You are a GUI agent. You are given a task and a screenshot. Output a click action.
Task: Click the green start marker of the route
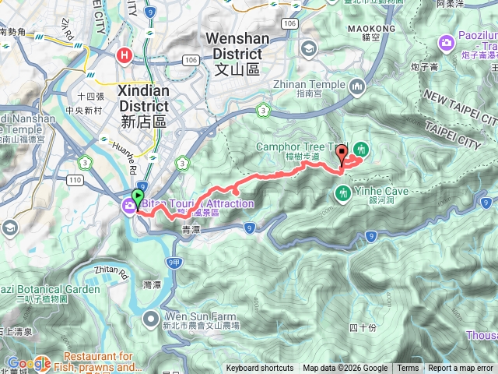(x=138, y=198)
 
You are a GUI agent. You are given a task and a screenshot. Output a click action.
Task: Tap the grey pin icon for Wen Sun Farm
(x=153, y=319)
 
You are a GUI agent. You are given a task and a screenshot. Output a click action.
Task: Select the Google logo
(x=29, y=363)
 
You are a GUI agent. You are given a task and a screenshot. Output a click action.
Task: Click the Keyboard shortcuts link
(x=260, y=369)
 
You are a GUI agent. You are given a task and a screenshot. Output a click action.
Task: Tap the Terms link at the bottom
(x=408, y=369)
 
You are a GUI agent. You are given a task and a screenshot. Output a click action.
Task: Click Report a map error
(x=461, y=369)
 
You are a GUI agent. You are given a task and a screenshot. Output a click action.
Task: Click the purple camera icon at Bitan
(x=128, y=205)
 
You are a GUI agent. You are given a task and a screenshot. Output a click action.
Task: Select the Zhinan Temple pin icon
(x=358, y=85)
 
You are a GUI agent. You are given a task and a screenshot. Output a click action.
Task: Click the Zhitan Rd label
(x=109, y=273)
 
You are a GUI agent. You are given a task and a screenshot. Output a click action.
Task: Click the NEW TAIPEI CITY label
(x=459, y=108)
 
